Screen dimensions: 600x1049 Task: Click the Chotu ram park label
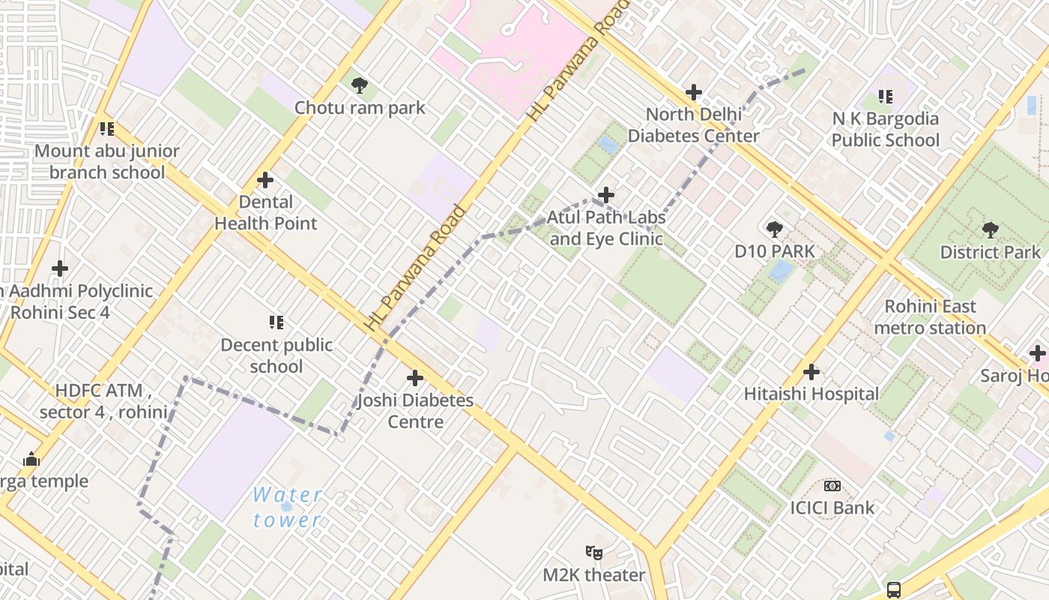tap(360, 107)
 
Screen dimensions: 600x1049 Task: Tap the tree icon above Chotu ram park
tap(360, 85)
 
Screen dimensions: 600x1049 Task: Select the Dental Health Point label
tap(266, 212)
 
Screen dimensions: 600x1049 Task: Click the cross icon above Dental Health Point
tap(264, 180)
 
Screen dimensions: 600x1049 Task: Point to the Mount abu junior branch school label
tap(107, 161)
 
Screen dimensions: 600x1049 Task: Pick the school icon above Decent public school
tap(276, 322)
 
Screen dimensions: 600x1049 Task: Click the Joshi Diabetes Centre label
tap(415, 410)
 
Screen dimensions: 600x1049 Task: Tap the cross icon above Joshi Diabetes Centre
tap(415, 378)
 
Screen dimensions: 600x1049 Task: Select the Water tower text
tap(288, 507)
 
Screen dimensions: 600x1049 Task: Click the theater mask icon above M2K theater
tap(594, 553)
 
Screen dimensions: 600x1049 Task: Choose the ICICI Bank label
tap(832, 508)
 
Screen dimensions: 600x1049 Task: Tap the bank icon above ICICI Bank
tap(832, 486)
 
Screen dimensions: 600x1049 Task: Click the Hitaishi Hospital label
tap(811, 394)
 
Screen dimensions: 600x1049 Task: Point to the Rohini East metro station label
tap(930, 317)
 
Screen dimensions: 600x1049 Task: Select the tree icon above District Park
tap(991, 229)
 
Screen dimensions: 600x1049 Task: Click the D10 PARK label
tap(774, 251)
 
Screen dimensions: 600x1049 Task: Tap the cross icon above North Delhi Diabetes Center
tap(694, 92)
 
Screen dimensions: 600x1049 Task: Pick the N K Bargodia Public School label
tap(885, 129)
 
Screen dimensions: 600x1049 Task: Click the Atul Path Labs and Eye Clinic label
tap(606, 228)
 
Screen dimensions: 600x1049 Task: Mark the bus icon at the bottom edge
tap(894, 589)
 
